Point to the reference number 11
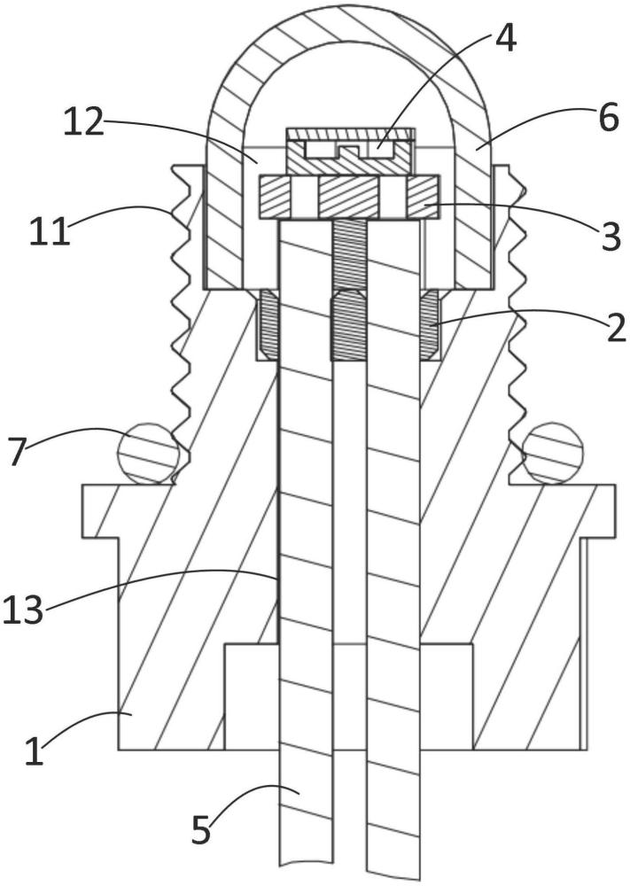click(50, 230)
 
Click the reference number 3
click(611, 237)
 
